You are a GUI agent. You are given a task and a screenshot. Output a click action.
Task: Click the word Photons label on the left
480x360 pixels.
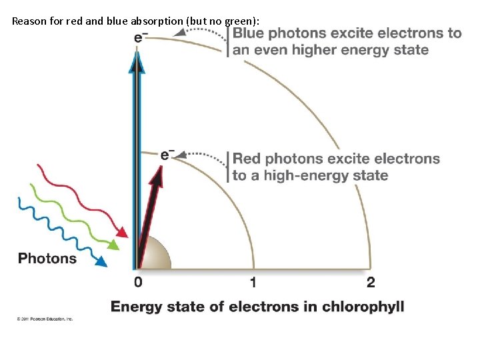pos(47,258)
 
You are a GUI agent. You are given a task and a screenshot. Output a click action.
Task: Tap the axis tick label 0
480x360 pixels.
pos(138,282)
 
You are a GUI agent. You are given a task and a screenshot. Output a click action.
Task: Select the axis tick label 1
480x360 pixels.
pos(253,282)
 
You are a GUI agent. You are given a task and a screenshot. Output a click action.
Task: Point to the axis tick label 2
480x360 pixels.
pos(371,282)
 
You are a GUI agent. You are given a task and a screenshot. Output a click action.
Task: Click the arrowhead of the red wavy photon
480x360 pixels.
pos(123,232)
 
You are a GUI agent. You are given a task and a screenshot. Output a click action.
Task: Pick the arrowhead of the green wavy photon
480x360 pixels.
pos(114,245)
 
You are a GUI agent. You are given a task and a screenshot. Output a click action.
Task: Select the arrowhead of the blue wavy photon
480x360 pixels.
pos(101,262)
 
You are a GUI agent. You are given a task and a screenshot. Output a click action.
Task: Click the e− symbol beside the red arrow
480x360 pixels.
pos(167,155)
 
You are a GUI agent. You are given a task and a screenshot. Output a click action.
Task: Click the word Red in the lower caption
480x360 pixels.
pos(246,159)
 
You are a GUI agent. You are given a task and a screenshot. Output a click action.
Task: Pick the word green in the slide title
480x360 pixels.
pos(237,21)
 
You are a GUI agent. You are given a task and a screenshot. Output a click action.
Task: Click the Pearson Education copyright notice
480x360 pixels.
pos(45,319)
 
